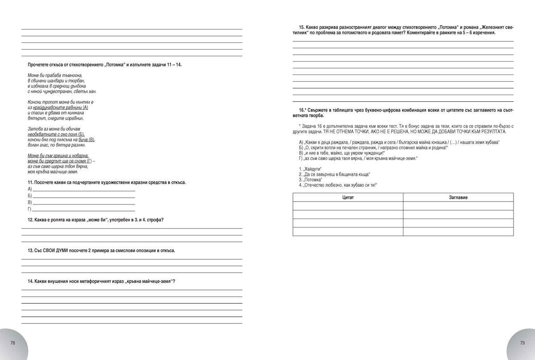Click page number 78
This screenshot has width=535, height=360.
click(12, 343)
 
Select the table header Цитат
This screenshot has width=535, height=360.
click(348, 197)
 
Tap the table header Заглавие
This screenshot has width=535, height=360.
click(458, 197)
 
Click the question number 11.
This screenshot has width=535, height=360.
click(30, 183)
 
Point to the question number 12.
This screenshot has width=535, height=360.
click(30, 220)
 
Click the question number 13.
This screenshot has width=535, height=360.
click(30, 251)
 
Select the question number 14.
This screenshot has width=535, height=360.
click(30, 281)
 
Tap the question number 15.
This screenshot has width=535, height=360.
click(302, 27)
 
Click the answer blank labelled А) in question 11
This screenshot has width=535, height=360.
click(84, 189)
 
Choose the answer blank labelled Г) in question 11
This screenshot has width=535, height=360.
click(84, 209)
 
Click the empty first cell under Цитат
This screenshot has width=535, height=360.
click(348, 206)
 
